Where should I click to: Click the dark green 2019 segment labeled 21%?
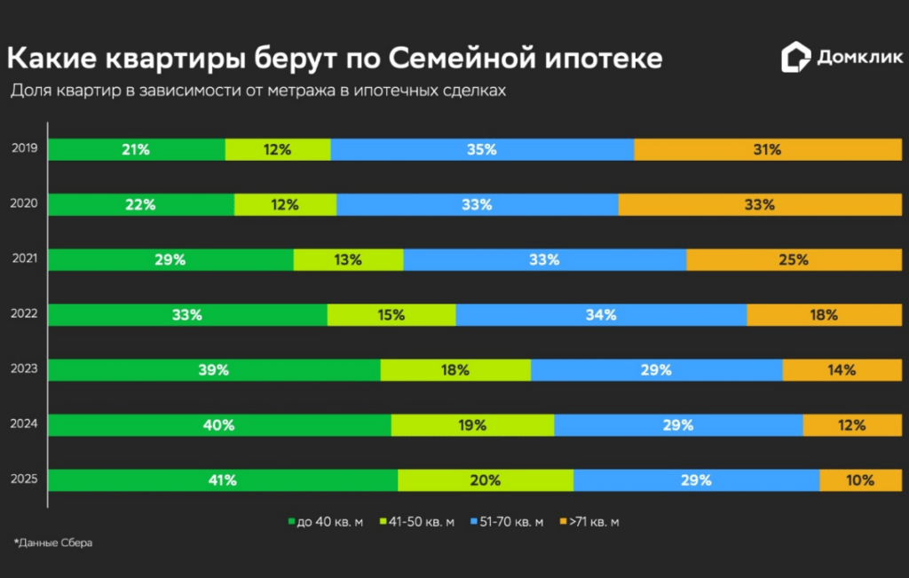point(136,150)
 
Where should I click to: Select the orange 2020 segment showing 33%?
point(760,205)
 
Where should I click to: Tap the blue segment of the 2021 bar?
point(544,260)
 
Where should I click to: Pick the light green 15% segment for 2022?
point(391,315)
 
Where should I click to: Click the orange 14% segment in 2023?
point(842,370)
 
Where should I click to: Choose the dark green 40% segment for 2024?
point(218,425)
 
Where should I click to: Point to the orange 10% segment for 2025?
point(859,480)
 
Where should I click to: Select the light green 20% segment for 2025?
point(486,480)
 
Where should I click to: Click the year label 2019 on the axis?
point(24,148)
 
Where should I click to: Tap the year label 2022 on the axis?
point(24,313)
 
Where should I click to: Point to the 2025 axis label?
point(24,479)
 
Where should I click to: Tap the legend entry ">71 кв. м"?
point(590,522)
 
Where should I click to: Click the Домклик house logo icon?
point(795,59)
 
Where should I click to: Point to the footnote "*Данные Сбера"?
point(53,542)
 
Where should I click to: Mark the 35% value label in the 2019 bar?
point(482,150)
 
